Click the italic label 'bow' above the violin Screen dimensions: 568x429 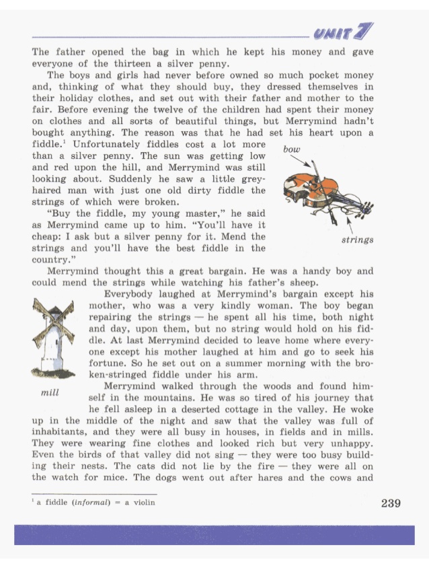pyautogui.click(x=291, y=149)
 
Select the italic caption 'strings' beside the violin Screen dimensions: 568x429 pyautogui.click(x=358, y=240)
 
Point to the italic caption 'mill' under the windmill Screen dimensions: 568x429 pyautogui.click(x=50, y=392)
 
